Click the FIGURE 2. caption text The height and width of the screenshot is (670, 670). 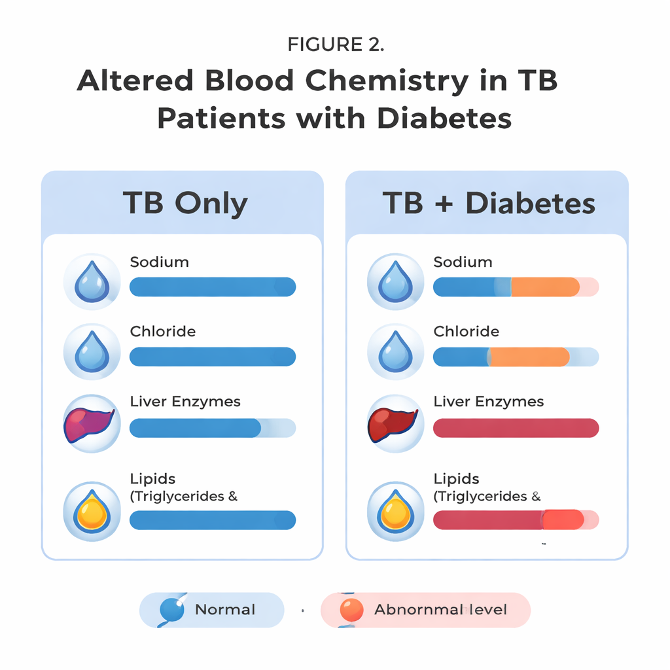[x=336, y=44]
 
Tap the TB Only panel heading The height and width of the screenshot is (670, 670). [x=185, y=203]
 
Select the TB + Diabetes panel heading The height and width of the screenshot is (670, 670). [x=489, y=203]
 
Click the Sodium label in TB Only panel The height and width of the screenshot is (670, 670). [x=159, y=262]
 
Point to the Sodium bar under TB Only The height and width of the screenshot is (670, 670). [x=213, y=287]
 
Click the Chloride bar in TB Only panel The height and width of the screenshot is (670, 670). [x=213, y=357]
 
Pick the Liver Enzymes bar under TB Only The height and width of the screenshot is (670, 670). [x=196, y=428]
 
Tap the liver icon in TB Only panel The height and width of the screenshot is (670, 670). [x=90, y=424]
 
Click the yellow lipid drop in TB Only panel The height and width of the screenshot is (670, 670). [x=92, y=512]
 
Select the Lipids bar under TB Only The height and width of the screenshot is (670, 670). [x=213, y=520]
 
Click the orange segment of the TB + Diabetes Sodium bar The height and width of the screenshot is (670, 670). [x=544, y=287]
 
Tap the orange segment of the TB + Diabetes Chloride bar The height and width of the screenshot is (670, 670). [x=529, y=357]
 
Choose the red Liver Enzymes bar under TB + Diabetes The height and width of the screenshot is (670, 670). [x=516, y=428]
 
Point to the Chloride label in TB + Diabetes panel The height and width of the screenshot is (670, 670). [x=466, y=332]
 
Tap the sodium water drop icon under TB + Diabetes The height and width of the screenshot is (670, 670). [x=395, y=281]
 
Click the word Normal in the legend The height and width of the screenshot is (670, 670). [x=225, y=610]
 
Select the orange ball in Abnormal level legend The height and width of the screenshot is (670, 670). [x=351, y=610]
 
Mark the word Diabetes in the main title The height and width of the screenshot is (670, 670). [x=444, y=118]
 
